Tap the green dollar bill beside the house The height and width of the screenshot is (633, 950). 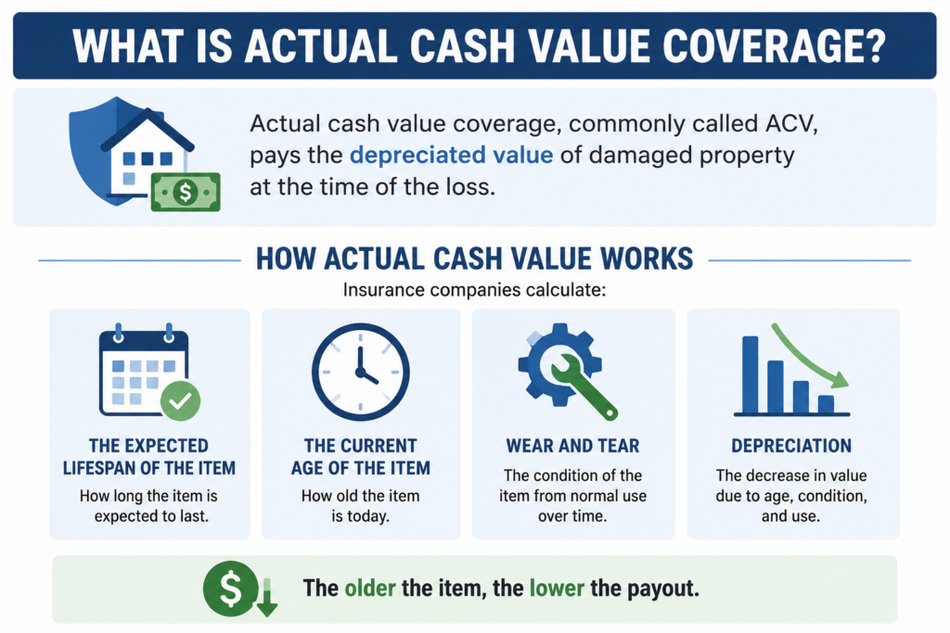[x=186, y=192]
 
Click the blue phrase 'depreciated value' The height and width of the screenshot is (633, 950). [x=452, y=155]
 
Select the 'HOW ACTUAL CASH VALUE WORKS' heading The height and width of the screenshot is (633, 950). [x=474, y=259]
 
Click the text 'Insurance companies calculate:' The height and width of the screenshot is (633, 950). [x=474, y=290]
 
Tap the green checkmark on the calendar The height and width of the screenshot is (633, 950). [x=181, y=401]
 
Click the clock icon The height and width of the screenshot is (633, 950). [x=361, y=373]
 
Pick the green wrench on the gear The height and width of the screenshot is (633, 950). [x=583, y=386]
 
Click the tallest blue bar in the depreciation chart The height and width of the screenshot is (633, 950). [x=750, y=374]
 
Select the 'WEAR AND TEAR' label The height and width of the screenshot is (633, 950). [x=572, y=446]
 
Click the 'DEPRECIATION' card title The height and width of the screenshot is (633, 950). [x=791, y=446]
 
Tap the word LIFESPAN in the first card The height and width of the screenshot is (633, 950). [x=99, y=468]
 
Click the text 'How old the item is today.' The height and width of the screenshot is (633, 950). [x=361, y=506]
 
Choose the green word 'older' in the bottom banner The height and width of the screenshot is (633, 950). [x=370, y=588]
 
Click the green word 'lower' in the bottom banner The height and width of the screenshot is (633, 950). [x=557, y=588]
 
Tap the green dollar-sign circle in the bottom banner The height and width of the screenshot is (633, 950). [x=230, y=589]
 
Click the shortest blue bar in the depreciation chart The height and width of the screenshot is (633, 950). [x=826, y=404]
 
